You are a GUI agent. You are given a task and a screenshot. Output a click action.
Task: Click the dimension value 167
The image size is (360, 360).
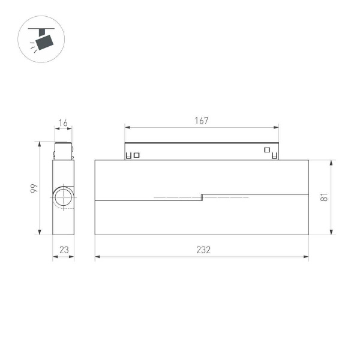(x=202, y=121)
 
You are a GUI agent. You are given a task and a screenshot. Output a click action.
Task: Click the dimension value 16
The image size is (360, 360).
(x=63, y=124)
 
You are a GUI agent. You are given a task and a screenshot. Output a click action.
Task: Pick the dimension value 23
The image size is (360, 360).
(x=63, y=250)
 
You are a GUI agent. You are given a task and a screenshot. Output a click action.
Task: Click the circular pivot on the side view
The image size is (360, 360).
(x=62, y=197)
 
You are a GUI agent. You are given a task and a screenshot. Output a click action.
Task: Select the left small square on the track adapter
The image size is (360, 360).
(x=137, y=155)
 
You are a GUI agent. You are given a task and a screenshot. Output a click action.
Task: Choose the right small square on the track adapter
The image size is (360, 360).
(x=266, y=150)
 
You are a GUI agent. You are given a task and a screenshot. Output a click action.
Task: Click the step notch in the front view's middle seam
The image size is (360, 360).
(x=202, y=197)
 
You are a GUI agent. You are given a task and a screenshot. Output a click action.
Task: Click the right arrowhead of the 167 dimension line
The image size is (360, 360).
(x=277, y=127)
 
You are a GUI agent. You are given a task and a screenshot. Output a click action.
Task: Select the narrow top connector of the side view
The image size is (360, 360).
(x=63, y=150)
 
